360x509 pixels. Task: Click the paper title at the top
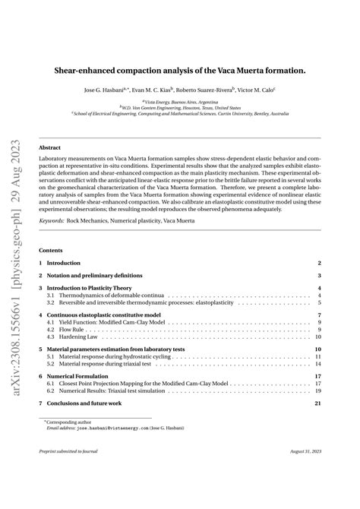[180, 70]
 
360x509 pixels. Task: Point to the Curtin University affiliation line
[180, 114]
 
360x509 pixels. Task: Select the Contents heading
[52, 249]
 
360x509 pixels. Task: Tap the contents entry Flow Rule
[69, 330]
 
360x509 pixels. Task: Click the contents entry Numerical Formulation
[77, 376]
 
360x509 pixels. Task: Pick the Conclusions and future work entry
[87, 403]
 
